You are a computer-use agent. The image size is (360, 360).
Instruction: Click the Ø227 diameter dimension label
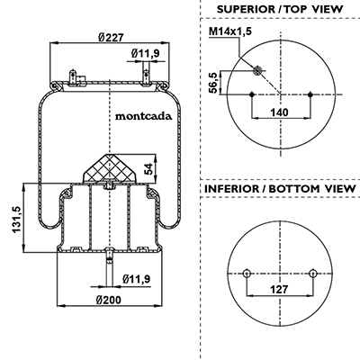tap(111, 38)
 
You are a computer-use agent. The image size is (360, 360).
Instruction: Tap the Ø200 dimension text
tap(109, 300)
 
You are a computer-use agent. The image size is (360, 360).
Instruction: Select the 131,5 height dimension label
tap(16, 219)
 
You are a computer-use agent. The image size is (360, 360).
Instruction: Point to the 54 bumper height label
tap(148, 168)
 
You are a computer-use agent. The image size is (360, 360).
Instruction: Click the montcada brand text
tap(144, 116)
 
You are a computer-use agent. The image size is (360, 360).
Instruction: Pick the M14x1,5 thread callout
tap(230, 31)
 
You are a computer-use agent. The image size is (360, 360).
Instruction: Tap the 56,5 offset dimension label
tap(212, 83)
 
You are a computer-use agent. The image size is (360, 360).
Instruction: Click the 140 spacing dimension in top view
tap(279, 112)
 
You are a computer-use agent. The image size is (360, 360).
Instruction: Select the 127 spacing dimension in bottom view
tap(279, 290)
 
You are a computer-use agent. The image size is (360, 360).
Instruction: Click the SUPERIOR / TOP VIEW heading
tap(280, 9)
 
